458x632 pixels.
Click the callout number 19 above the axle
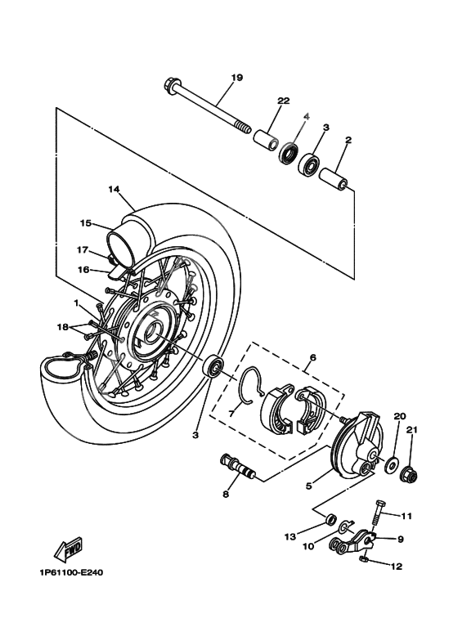pos(237,78)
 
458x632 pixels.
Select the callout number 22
pos(284,101)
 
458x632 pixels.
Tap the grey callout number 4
pos(307,117)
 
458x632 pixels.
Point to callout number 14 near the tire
pos(113,189)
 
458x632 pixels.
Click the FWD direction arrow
pos(56,546)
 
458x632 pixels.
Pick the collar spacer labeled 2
pos(336,178)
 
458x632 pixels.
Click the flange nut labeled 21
pos(412,473)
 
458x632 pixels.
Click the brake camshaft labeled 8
pos(236,465)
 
